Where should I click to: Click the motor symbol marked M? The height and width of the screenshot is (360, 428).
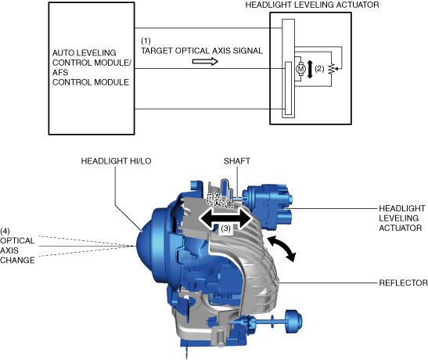(300, 69)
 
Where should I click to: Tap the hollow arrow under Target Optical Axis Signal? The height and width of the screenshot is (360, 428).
(205, 62)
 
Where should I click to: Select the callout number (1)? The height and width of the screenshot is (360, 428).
(146, 41)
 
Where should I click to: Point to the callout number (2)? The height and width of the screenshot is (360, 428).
(319, 69)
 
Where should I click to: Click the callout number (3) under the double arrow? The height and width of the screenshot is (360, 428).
(225, 229)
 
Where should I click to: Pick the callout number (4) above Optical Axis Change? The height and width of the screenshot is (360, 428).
(5, 232)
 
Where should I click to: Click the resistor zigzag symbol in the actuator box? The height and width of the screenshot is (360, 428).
(332, 69)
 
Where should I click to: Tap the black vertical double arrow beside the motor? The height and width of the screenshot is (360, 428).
(310, 70)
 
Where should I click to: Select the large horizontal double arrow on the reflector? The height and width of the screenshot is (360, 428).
(225, 218)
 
